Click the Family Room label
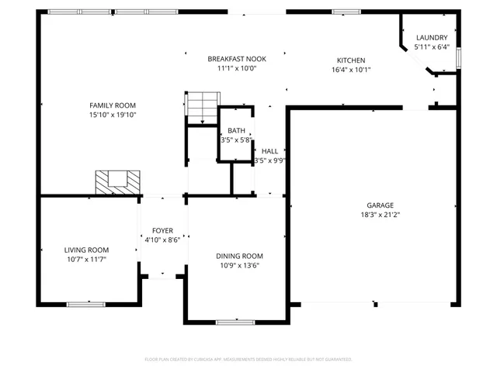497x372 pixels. click(113, 105)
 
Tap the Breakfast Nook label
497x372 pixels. click(237, 59)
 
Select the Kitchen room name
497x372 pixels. click(350, 60)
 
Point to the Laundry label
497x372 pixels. click(431, 38)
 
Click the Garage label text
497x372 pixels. click(381, 205)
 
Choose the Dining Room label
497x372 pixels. click(239, 256)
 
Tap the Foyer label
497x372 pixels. click(162, 231)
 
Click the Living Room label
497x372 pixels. click(86, 250)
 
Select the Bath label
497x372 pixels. click(235, 131)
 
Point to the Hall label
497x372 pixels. click(269, 151)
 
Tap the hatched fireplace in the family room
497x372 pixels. click(119, 181)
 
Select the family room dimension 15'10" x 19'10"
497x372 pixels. click(113, 115)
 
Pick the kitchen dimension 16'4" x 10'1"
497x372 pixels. click(350, 70)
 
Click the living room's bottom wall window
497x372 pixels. click(85, 303)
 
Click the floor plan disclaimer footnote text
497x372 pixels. click(248, 360)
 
